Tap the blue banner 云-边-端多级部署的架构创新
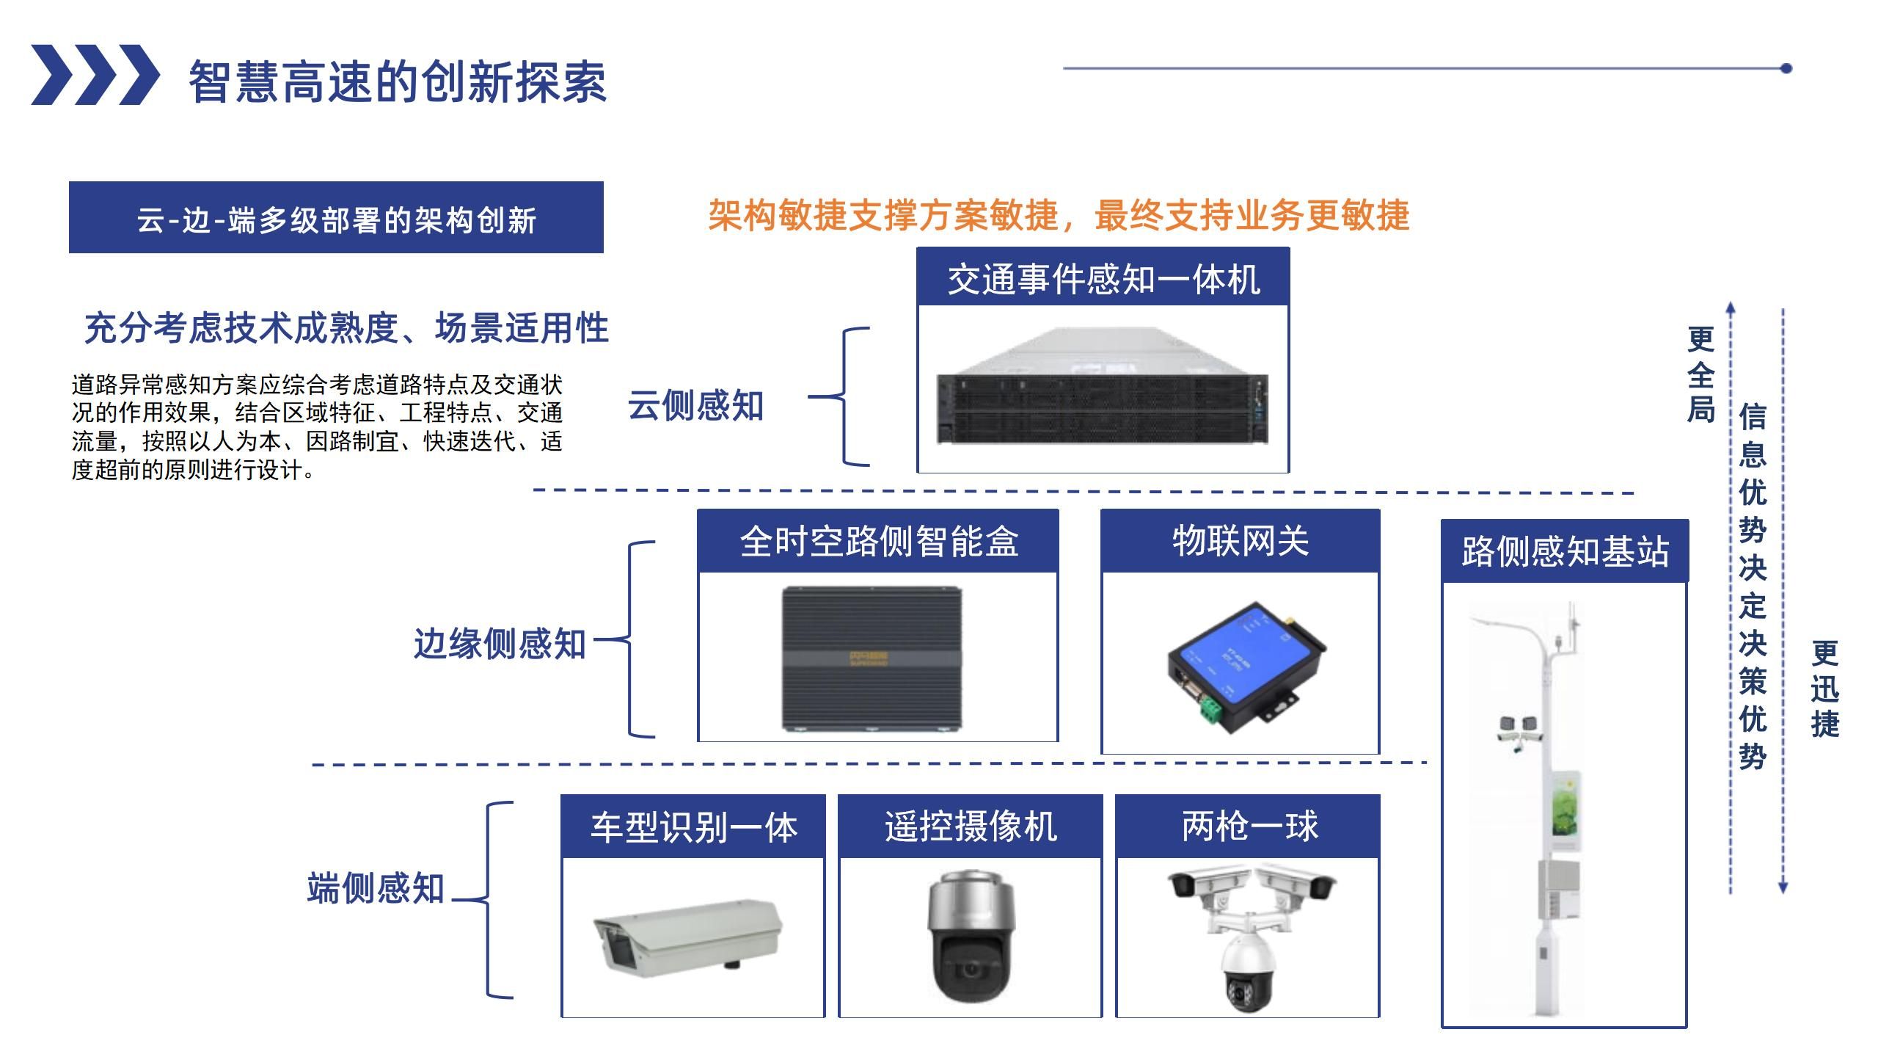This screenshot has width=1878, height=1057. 336,218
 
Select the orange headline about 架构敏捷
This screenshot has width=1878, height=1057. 1058,215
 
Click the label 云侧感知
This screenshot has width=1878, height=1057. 695,405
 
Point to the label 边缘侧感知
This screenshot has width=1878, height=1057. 500,644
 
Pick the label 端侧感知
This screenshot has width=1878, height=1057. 376,887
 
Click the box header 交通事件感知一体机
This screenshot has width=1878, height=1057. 1103,279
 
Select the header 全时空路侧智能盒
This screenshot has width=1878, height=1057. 878,542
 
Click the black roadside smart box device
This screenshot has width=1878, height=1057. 872,658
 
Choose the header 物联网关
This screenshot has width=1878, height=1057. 1240,542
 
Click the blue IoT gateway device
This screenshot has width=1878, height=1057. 1246,661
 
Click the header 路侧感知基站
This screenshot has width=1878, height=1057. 1565,551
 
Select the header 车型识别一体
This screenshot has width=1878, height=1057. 693,827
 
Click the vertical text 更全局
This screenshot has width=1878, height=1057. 1700,374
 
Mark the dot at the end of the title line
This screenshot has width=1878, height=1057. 1787,68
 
